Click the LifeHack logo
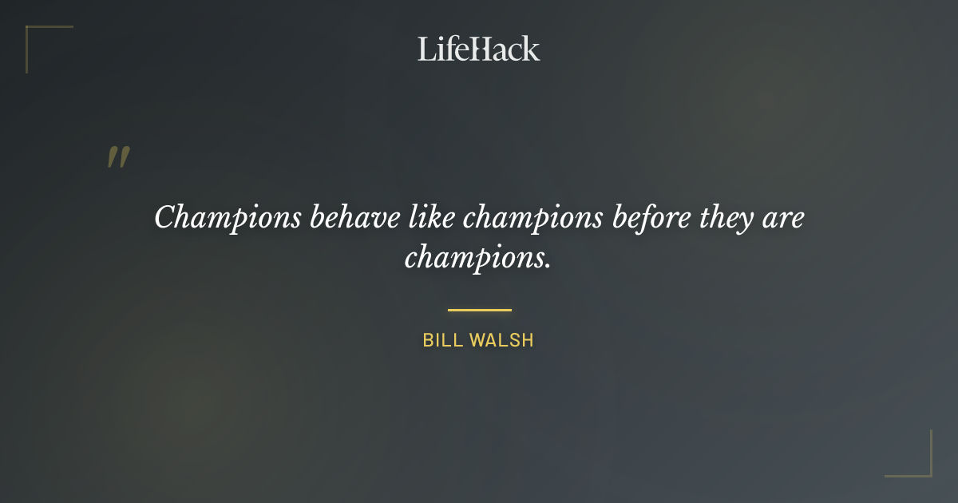tap(479, 49)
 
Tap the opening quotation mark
tap(118, 157)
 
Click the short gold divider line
tap(479, 310)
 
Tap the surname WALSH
tap(501, 340)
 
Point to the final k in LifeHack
tap(532, 49)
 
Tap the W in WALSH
tap(477, 340)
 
